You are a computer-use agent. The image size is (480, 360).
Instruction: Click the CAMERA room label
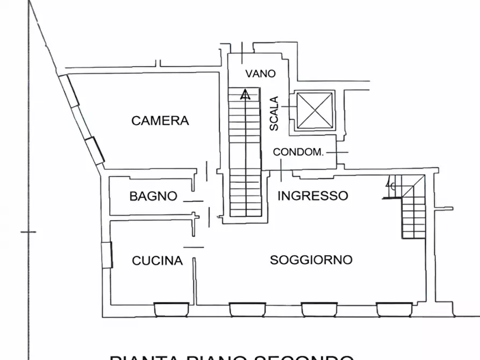[160, 120]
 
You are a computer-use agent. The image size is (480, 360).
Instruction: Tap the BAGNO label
[153, 196]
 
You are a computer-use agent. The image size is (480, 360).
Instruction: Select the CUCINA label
[157, 261]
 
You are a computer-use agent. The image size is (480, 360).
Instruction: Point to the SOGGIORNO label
[311, 260]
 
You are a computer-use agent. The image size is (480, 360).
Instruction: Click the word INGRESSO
[312, 196]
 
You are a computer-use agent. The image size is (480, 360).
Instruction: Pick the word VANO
[261, 74]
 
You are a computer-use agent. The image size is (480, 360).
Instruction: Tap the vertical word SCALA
[274, 113]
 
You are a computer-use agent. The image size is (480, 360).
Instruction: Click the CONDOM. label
[298, 152]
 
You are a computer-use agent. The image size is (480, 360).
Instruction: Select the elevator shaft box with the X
[314, 110]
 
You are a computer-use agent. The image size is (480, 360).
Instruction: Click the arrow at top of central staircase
[245, 95]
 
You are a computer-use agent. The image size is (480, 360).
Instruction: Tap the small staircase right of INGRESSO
[413, 210]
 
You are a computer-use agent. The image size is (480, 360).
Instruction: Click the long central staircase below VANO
[245, 156]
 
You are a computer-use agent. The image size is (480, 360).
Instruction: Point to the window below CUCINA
[171, 309]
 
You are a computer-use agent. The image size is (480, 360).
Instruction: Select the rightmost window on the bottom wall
[394, 309]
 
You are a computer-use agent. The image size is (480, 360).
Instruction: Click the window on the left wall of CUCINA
[107, 255]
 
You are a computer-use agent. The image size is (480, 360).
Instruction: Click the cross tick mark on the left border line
[28, 232]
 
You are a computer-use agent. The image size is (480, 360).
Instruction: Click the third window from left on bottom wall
[319, 309]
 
